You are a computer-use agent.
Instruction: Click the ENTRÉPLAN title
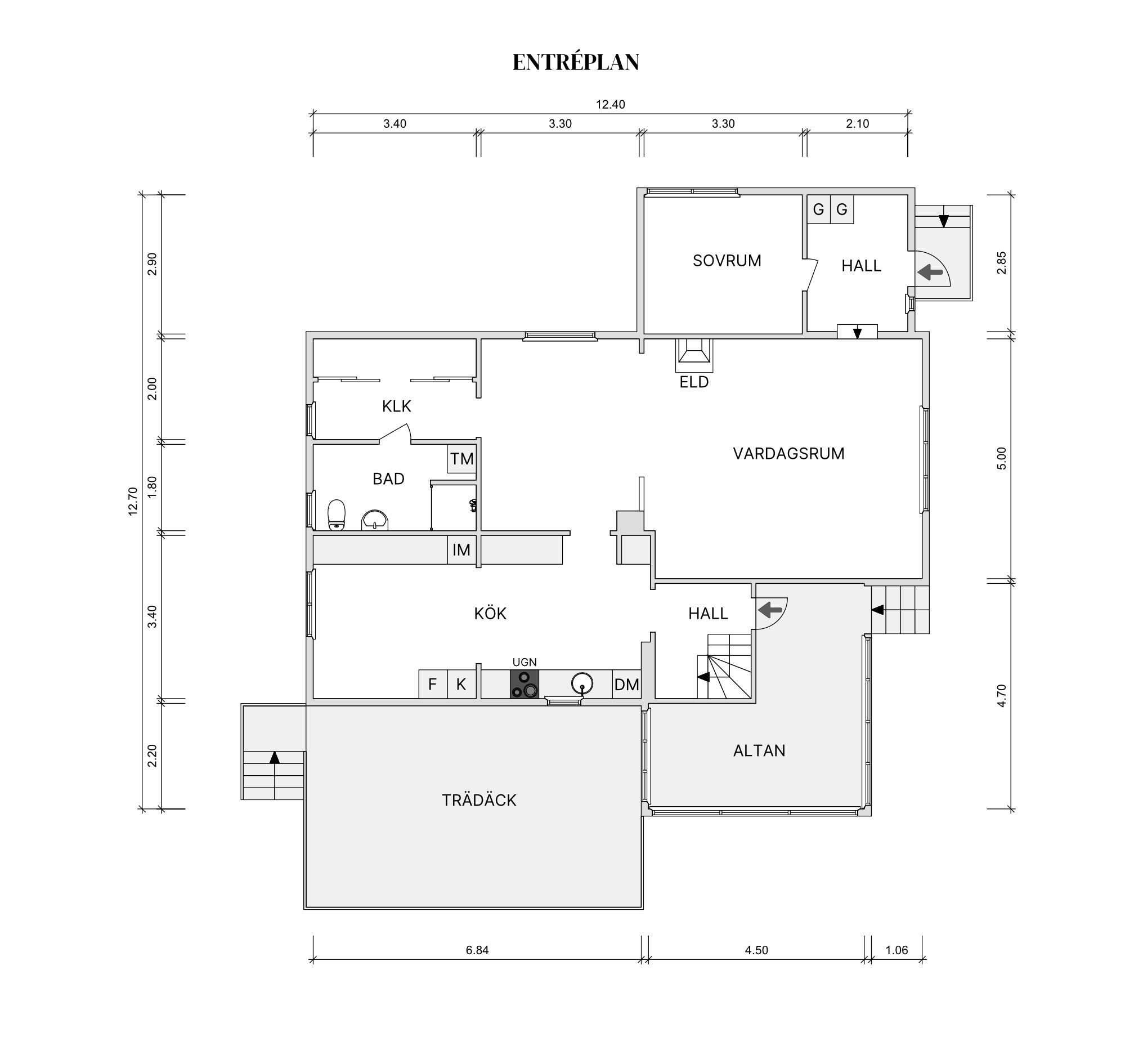(576, 62)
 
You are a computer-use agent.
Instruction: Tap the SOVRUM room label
(727, 261)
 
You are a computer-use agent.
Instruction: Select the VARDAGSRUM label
(788, 453)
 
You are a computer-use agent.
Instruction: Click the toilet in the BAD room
(337, 515)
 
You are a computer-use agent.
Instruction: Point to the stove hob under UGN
(525, 685)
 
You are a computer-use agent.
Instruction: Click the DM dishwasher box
(627, 685)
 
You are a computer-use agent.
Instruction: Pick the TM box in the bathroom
(461, 458)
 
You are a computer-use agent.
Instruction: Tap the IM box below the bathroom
(461, 550)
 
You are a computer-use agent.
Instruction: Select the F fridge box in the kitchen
(433, 685)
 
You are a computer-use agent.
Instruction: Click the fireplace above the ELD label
(694, 355)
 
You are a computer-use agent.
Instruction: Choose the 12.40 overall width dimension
(610, 105)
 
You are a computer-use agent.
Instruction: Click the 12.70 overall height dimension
(133, 501)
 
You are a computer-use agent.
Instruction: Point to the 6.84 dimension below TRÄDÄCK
(477, 950)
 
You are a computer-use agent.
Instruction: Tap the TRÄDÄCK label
(479, 801)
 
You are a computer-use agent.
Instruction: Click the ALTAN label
(759, 750)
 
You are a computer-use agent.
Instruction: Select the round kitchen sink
(582, 684)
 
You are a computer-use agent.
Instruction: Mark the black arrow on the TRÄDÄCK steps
(274, 757)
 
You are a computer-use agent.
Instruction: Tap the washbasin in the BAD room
(375, 521)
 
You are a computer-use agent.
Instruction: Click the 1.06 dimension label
(897, 950)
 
